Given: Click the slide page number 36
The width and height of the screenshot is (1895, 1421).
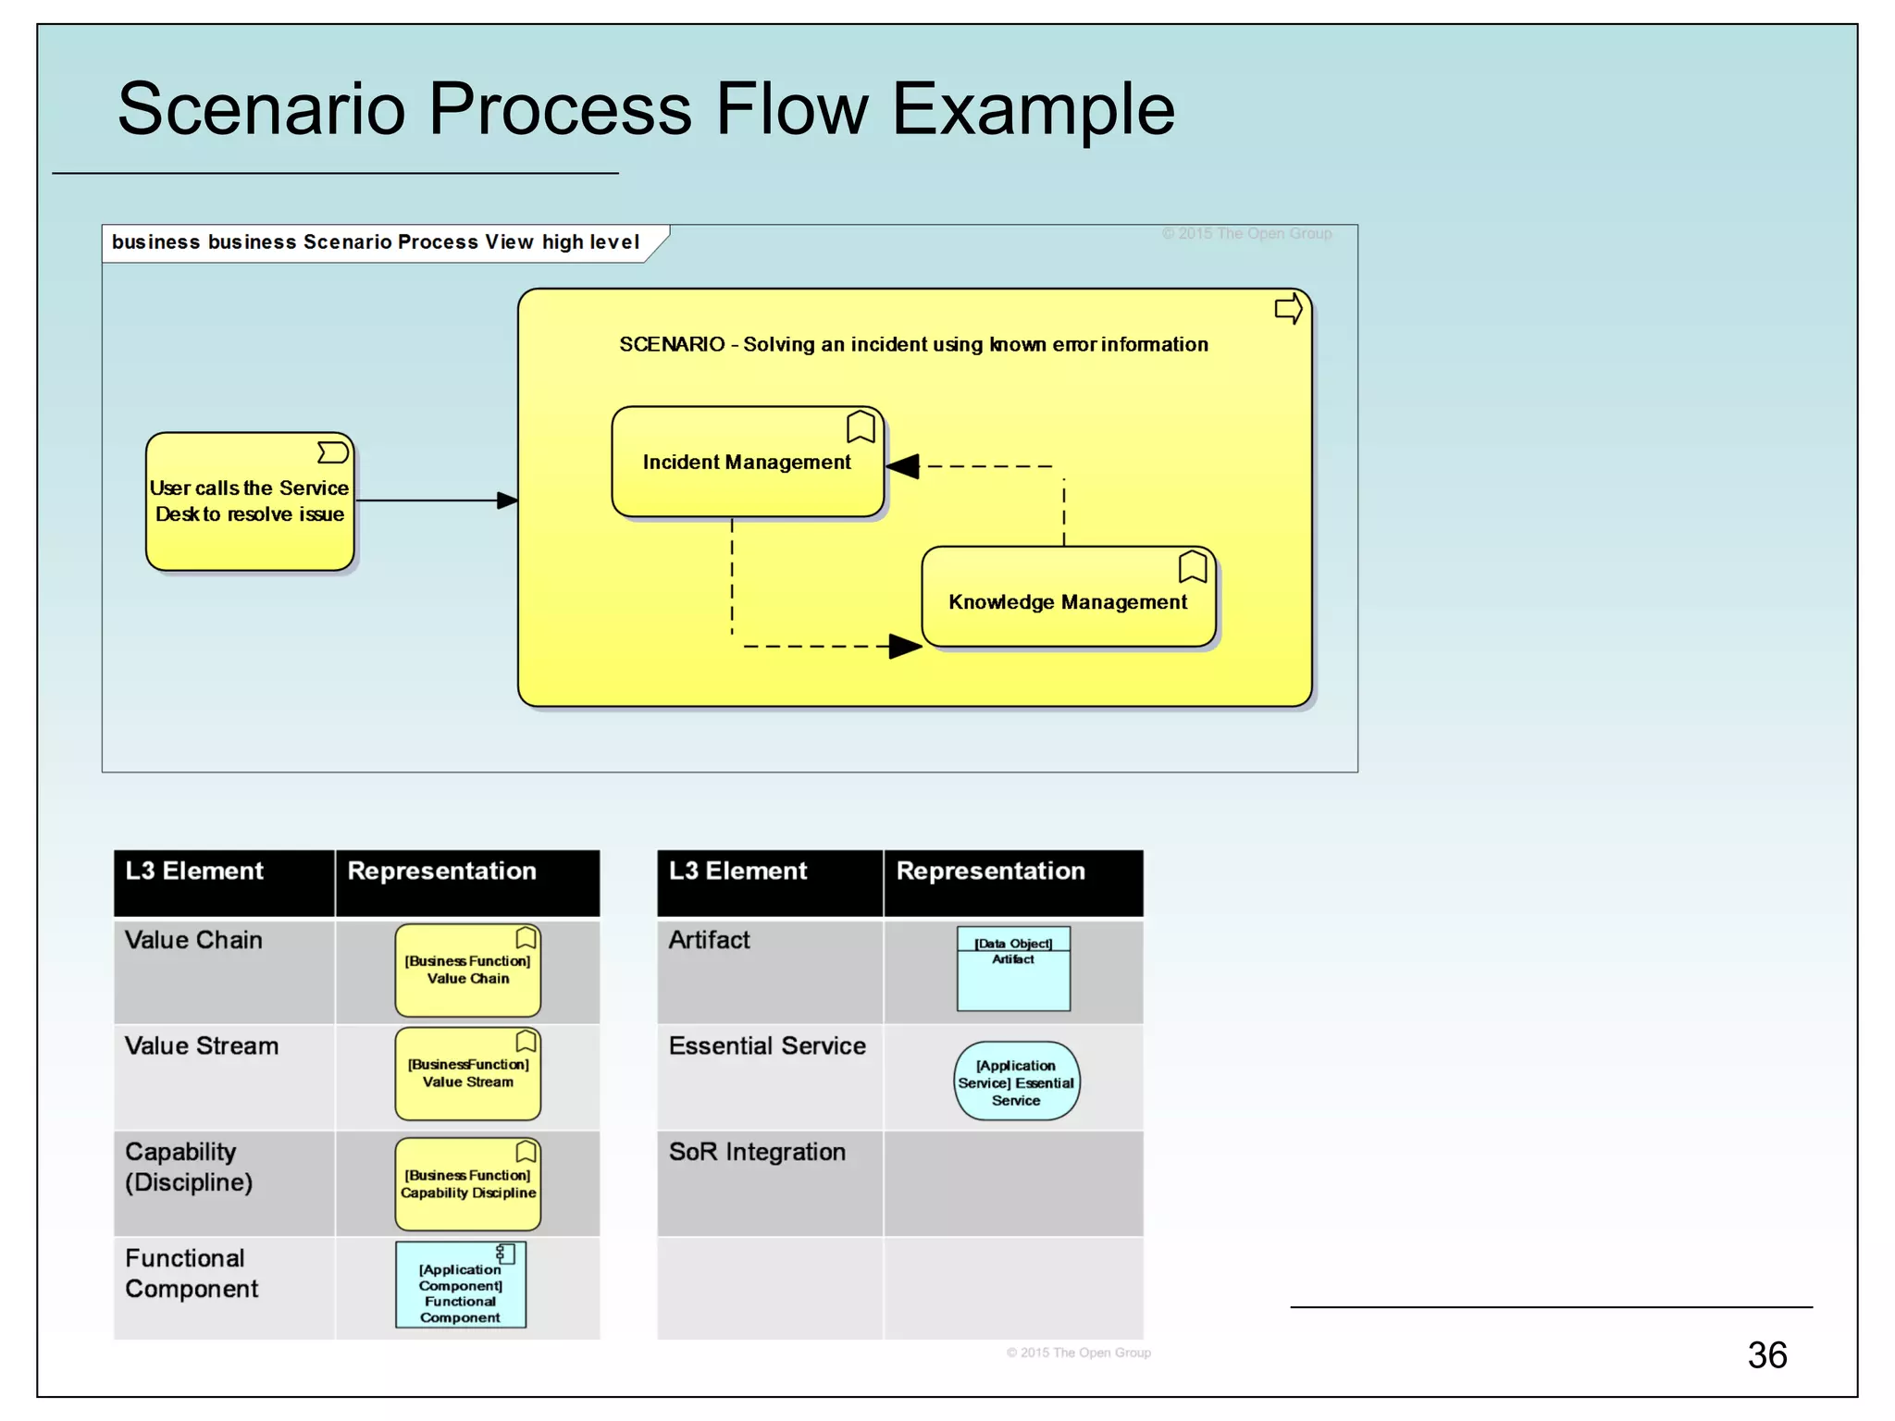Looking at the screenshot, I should tap(1766, 1355).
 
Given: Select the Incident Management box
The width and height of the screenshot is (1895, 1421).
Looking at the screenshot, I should tap(747, 463).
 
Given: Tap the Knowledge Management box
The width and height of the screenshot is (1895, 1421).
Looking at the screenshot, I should tap(1068, 601).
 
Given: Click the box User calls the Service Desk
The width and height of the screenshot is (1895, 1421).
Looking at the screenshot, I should tap(250, 501).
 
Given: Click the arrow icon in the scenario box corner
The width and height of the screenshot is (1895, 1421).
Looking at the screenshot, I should tap(1288, 309).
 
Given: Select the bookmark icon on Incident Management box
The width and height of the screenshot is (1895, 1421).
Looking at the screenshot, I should tap(861, 426).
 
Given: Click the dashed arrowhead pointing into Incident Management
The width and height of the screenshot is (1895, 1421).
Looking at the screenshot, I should tap(904, 466).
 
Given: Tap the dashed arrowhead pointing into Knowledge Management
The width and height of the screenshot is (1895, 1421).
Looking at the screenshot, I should tap(904, 646).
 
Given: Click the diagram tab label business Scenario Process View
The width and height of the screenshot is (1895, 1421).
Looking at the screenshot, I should tap(376, 242).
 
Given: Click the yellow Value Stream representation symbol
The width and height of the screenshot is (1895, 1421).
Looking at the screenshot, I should tap(467, 1074).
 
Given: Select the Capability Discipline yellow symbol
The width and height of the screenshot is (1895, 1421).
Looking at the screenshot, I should tap(467, 1184).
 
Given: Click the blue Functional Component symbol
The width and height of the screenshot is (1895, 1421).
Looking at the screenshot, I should tap(461, 1286).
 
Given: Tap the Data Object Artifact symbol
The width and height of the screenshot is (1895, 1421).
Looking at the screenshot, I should tap(1013, 969).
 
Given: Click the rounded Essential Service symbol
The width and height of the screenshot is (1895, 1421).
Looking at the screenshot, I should tap(1016, 1081).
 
